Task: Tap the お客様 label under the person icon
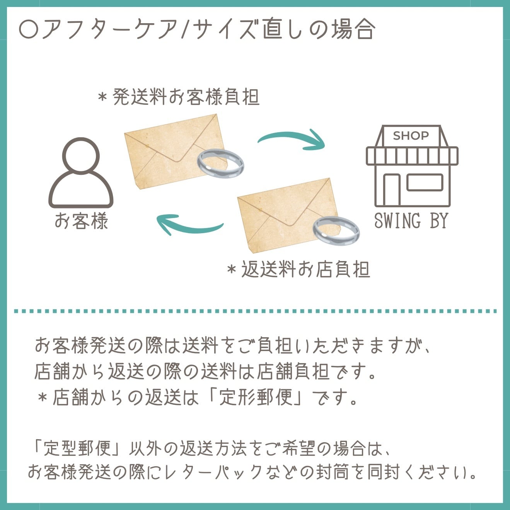tap(81, 221)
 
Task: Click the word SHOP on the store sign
tap(411, 136)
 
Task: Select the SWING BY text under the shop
tap(411, 221)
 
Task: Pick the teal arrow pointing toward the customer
tap(189, 224)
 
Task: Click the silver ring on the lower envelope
tap(336, 230)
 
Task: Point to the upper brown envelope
tap(170, 149)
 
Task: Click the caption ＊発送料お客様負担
tap(179, 97)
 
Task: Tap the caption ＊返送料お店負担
tap(299, 269)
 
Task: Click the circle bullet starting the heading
tap(29, 29)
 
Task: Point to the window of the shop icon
tap(425, 183)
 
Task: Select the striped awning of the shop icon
tap(412, 156)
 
